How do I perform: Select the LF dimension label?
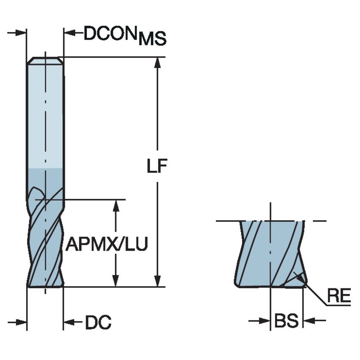(x=157, y=167)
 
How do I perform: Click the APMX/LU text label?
(x=107, y=244)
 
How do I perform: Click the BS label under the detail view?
(x=286, y=321)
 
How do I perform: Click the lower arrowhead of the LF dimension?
(x=158, y=282)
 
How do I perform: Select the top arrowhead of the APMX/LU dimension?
(x=116, y=204)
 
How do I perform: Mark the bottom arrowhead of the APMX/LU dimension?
(x=116, y=282)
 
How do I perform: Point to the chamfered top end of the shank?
(x=45, y=61)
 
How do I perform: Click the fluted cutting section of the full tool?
(x=45, y=244)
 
